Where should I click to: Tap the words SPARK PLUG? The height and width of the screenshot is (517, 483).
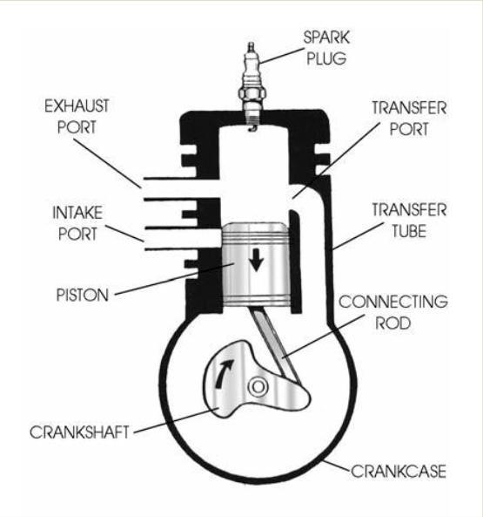pos(326,48)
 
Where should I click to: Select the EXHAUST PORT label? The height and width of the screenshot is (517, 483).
pos(77,117)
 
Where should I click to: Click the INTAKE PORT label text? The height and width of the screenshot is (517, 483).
pos(77,223)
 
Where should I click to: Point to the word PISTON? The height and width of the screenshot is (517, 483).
pos(83,295)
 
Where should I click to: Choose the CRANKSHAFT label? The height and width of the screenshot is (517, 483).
pos(79,432)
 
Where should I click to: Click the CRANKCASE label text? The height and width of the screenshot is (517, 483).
pos(399,471)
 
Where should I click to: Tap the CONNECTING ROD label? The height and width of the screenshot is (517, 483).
pos(393,312)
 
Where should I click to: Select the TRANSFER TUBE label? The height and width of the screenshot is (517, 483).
pos(409,221)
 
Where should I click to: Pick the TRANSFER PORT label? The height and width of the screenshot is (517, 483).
pos(409,119)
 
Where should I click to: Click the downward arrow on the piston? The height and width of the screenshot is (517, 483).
pos(256,260)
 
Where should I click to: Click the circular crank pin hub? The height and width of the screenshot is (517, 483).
pos(258,386)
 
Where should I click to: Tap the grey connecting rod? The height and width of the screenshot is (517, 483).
pos(276,344)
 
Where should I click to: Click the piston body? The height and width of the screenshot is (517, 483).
pos(256,264)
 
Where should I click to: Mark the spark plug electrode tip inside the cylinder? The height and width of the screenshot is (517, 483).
pos(252,129)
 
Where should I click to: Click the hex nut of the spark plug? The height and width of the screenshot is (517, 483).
pos(252,93)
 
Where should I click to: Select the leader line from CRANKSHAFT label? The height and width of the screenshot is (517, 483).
pos(177,420)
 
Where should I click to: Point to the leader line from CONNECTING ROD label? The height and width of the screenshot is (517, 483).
pos(324,336)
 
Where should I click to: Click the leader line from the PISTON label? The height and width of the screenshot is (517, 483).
pos(174,279)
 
